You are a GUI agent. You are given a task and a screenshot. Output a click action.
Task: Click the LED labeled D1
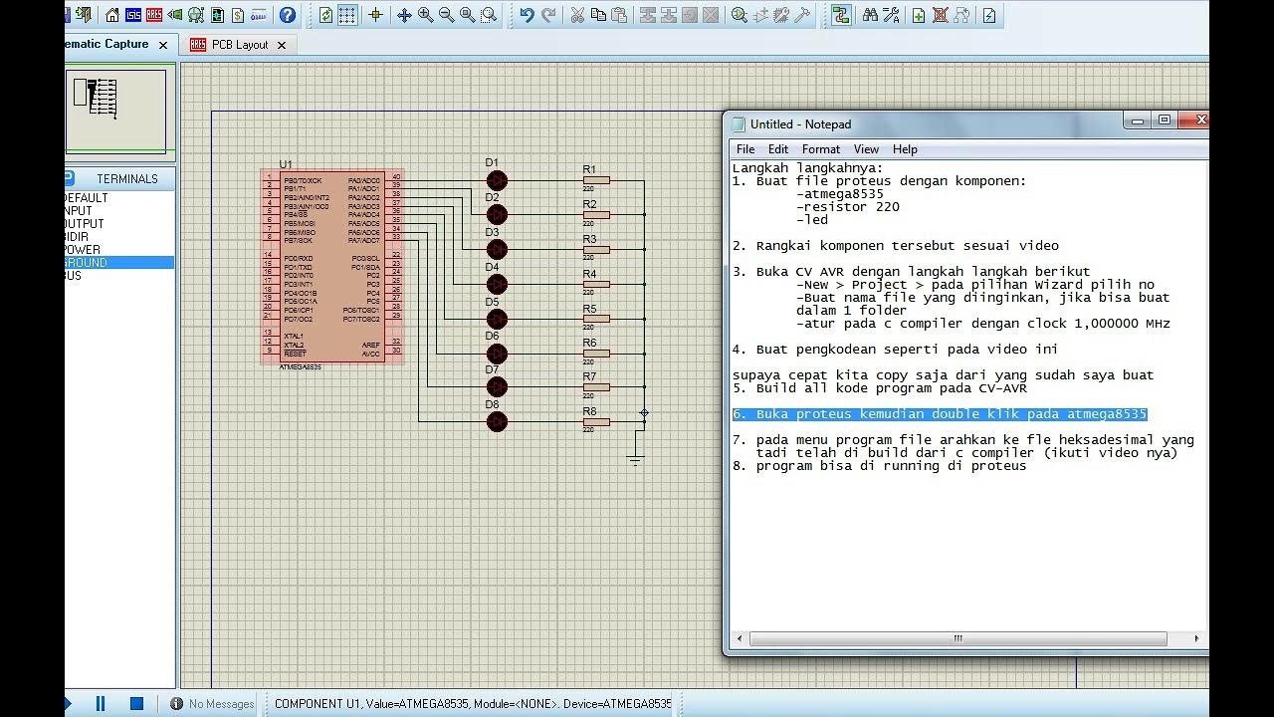[x=497, y=180]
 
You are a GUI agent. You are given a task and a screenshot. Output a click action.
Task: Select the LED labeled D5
[x=497, y=319]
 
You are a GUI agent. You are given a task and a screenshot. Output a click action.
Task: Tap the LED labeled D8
[x=497, y=422]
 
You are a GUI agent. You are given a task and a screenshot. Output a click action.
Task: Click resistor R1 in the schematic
[x=596, y=180]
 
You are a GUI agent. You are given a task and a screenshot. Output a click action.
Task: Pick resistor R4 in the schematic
[x=596, y=285]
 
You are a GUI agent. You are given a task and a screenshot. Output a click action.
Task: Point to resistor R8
[x=596, y=422]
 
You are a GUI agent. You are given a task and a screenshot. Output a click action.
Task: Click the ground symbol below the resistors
[x=635, y=459]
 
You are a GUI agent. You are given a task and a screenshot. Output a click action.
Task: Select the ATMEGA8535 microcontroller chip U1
[x=331, y=267]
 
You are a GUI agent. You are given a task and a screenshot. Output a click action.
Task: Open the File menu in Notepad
[x=745, y=149]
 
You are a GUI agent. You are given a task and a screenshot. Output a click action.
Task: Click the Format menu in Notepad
[x=821, y=149]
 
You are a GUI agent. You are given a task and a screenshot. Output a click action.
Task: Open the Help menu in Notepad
[x=905, y=149]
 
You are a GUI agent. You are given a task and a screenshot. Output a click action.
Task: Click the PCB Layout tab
[x=239, y=45]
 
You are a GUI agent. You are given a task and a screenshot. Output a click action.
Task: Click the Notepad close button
[x=1200, y=120]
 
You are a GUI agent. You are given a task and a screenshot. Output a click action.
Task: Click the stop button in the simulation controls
[x=137, y=703]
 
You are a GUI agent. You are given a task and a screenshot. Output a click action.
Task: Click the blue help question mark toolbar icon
[x=288, y=15]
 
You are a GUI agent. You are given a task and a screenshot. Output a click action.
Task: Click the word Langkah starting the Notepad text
[x=756, y=168]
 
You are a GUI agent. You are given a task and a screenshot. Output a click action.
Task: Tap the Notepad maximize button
[x=1165, y=120]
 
